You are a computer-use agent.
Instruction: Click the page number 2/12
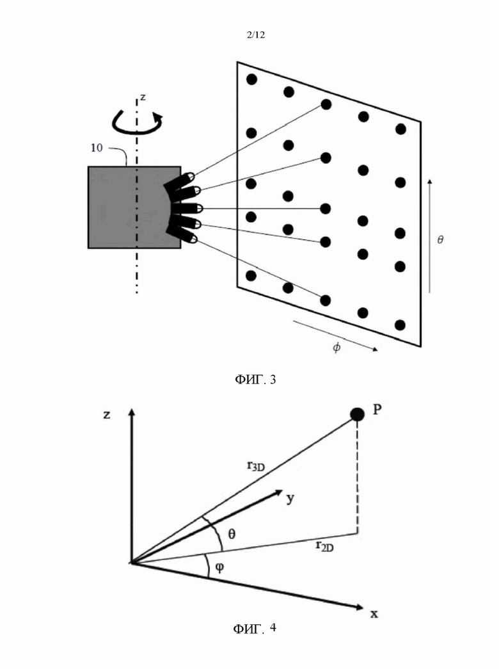[255, 35]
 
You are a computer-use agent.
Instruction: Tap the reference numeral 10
[97, 148]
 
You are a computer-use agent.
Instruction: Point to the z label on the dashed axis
[143, 97]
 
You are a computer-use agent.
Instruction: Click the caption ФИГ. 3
[255, 379]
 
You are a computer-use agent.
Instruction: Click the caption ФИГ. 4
[255, 628]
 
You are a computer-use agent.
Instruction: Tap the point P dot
[357, 414]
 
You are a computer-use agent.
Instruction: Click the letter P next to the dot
[377, 410]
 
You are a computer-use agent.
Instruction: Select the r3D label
[255, 465]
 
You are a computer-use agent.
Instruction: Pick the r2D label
[324, 545]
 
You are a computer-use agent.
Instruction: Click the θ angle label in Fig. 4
[232, 534]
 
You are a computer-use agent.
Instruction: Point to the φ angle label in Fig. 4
[219, 567]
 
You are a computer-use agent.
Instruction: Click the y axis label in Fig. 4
[290, 498]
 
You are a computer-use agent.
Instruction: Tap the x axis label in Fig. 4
[374, 614]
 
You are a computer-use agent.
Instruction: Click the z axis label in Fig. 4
[107, 414]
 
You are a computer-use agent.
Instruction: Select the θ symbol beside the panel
[440, 239]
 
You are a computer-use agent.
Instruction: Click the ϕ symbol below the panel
[337, 347]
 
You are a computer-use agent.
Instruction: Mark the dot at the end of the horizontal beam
[326, 209]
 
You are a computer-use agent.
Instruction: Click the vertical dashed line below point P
[357, 477]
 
